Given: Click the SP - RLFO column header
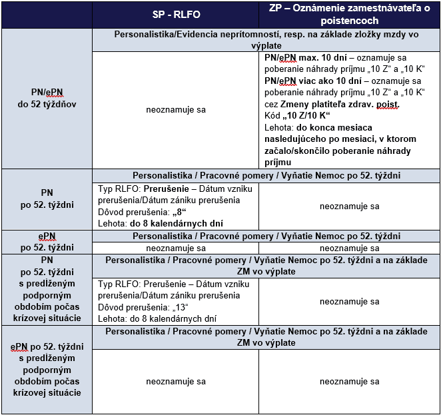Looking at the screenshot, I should coord(175,15).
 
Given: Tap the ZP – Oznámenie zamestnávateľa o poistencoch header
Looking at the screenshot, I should coord(349,15).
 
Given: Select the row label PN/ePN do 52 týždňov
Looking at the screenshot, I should coord(47,98).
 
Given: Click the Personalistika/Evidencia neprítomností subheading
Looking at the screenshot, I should coord(266,39).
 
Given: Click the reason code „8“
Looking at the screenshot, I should coord(181,212).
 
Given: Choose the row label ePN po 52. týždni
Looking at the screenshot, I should coord(47,242).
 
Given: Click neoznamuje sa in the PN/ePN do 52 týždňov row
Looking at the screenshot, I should coord(175,109).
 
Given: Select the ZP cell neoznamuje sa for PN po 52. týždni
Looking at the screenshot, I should coord(349,206).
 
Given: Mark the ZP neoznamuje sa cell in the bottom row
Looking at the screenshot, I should coord(349,382).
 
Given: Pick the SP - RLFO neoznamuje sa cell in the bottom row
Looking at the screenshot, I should coord(175,382).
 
